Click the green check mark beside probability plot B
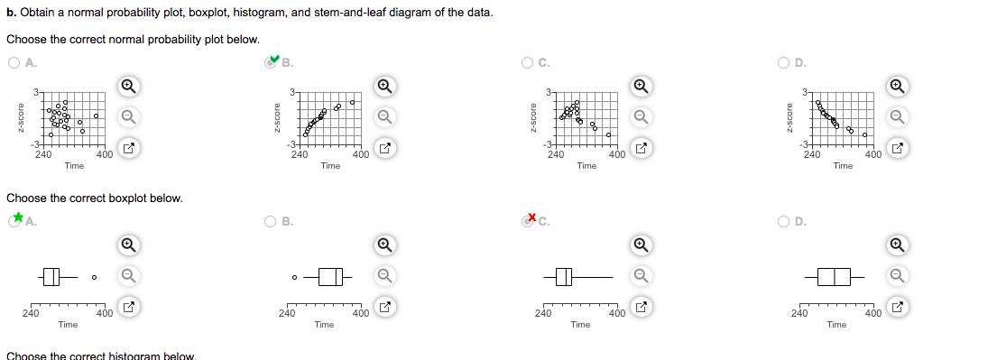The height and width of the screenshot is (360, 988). point(274,60)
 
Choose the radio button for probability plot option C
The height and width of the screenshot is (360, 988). point(528,62)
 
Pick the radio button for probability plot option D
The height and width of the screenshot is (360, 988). point(785,62)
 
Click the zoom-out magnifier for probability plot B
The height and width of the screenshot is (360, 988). point(384,116)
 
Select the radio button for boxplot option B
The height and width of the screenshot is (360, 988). point(272,221)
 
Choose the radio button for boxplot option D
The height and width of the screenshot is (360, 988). point(785,221)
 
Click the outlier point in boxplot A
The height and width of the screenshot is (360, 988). point(93,277)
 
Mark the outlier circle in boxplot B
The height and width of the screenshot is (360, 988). point(294,277)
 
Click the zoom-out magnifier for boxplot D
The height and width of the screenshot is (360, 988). point(897,275)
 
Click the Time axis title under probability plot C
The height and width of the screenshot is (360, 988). point(586,166)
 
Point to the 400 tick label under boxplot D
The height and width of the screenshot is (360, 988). point(873,314)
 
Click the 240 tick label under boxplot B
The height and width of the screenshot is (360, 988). point(286,314)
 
